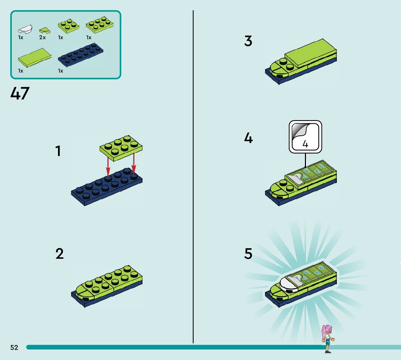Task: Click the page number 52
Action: [x=14, y=347]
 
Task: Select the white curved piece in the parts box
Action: [x=25, y=29]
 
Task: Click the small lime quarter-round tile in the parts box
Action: [x=45, y=30]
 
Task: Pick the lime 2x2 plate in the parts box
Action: [x=69, y=26]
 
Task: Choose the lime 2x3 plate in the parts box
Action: [x=100, y=25]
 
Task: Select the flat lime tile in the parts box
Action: [x=34, y=58]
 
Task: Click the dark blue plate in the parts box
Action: [x=80, y=55]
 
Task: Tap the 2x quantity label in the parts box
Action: [x=42, y=37]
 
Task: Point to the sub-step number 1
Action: [x=58, y=151]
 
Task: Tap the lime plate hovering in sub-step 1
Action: [x=121, y=148]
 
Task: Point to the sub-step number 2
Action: [x=59, y=253]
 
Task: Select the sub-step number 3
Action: [x=248, y=41]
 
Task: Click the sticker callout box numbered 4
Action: [x=305, y=137]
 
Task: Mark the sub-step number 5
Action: [x=248, y=253]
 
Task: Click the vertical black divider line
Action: [x=193, y=177]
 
